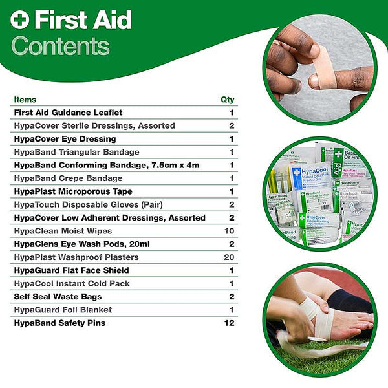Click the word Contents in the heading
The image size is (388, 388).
coord(61,46)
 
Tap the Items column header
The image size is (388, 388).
coord(25,100)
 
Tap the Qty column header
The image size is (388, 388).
coord(227,100)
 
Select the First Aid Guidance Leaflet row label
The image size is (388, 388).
coord(68,113)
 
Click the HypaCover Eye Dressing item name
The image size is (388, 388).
coord(65,139)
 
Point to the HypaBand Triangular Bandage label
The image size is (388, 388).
coord(76,152)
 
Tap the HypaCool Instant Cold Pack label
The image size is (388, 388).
coord(71,283)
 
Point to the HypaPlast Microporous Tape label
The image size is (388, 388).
coord(72,191)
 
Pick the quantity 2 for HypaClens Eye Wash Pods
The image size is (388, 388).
coord(231,244)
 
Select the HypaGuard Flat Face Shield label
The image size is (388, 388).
coord(71,270)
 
